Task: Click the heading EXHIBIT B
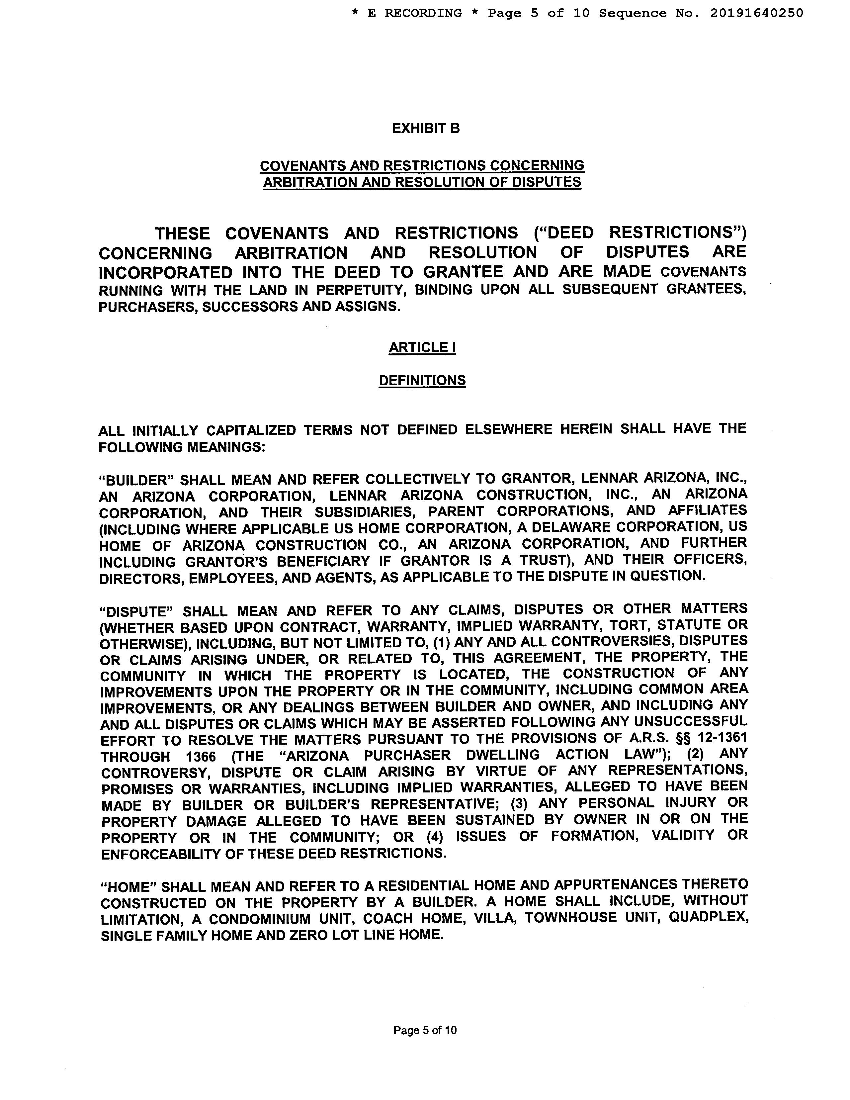(426, 129)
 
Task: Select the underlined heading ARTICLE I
(422, 347)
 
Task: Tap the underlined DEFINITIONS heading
(422, 380)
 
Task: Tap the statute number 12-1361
(722, 738)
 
